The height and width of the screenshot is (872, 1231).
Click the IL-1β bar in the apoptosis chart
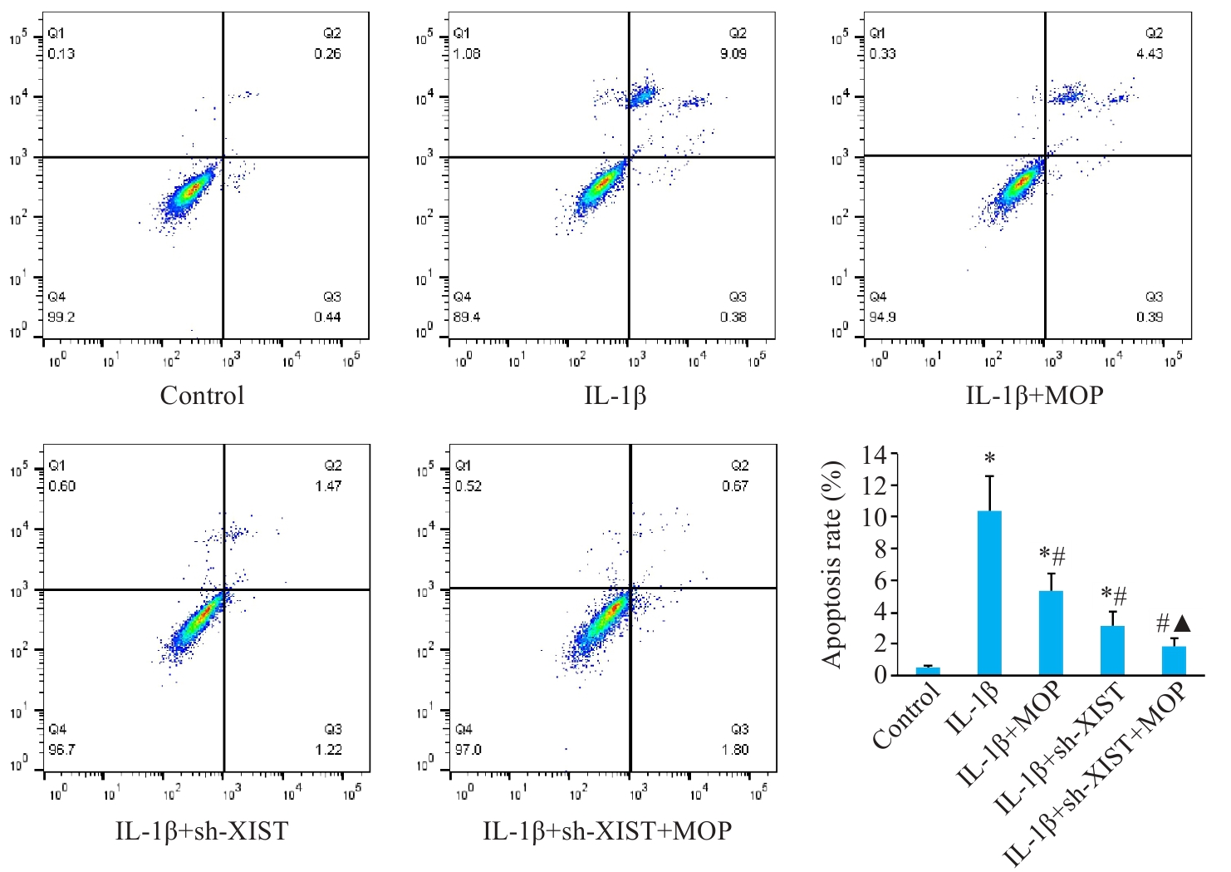pyautogui.click(x=989, y=593)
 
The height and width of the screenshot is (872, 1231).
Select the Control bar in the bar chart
pyautogui.click(x=928, y=671)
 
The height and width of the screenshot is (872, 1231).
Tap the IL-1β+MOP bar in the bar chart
pyautogui.click(x=1051, y=633)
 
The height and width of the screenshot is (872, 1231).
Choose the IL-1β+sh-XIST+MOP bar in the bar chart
pyautogui.click(x=1174, y=660)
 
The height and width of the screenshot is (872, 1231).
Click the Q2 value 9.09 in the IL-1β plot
pyautogui.click(x=733, y=54)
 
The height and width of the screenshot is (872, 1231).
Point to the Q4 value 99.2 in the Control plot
pyautogui.click(x=61, y=318)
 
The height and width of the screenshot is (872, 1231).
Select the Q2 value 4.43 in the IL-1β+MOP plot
pyautogui.click(x=1150, y=54)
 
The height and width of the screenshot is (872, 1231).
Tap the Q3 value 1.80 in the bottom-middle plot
pyautogui.click(x=735, y=750)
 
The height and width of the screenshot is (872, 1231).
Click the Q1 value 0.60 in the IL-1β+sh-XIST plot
pyautogui.click(x=61, y=486)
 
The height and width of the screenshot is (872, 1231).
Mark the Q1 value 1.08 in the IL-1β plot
pyautogui.click(x=467, y=54)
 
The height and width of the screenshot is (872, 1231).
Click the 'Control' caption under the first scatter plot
pyautogui.click(x=202, y=396)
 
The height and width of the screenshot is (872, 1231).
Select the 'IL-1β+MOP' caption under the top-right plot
pyautogui.click(x=1034, y=396)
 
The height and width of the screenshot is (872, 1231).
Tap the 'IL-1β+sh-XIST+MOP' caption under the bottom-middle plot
pyautogui.click(x=607, y=830)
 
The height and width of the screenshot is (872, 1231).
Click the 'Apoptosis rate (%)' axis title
pyautogui.click(x=832, y=565)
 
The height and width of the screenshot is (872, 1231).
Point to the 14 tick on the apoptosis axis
pyautogui.click(x=880, y=455)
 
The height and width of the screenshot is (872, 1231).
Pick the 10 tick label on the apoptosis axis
pyautogui.click(x=880, y=517)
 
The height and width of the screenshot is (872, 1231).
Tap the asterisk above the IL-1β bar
pyautogui.click(x=989, y=458)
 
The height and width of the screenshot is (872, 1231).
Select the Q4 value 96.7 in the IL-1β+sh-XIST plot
pyautogui.click(x=61, y=750)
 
